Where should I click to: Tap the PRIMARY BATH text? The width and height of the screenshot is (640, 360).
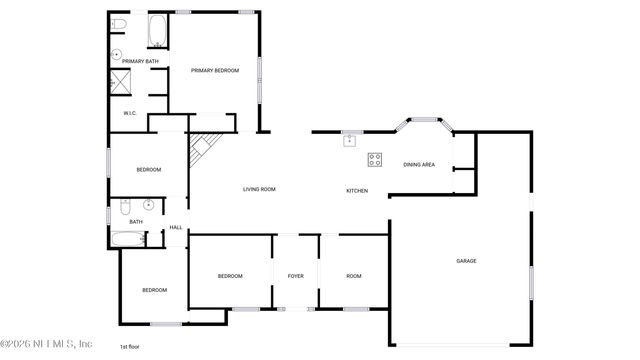pos(140,62)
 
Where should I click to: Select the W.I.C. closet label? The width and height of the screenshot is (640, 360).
pos(130,113)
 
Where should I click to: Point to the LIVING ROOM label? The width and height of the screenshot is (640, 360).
pos(259,189)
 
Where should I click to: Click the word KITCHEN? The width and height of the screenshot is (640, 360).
pos(357,190)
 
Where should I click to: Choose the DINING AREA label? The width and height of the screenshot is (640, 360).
pos(419,164)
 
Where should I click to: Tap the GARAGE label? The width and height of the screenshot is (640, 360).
pos(466,261)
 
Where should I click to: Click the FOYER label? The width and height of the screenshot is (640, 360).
pos(295,276)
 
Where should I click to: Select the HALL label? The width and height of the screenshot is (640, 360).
pos(175,228)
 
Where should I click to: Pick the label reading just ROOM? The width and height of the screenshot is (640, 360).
pos(354,276)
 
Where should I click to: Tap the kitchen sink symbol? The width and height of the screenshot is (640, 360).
pos(350,140)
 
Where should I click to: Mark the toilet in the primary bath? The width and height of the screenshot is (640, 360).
pos(118,24)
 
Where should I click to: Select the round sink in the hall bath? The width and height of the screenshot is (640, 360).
pos(148,206)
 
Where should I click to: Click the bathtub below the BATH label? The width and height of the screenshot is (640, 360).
pos(126,239)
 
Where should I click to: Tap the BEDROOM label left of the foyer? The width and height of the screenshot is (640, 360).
pos(230,276)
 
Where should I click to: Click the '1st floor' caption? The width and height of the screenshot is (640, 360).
pos(131,346)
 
